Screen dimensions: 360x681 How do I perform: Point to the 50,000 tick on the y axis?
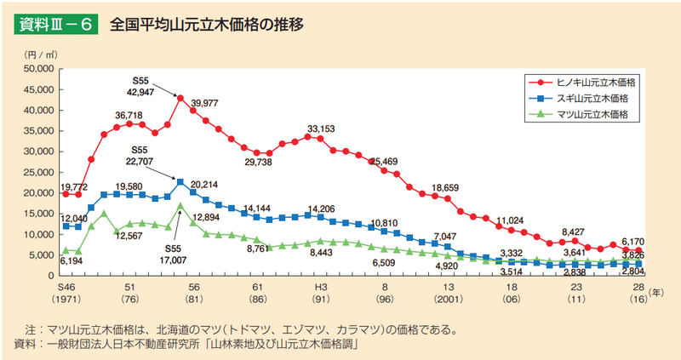pyautogui.click(x=39, y=68)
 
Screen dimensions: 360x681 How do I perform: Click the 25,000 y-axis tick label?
pyautogui.click(x=39, y=172)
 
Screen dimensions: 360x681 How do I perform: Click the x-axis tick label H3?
pyautogui.click(x=321, y=288)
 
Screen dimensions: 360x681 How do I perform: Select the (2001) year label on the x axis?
pyautogui.click(x=448, y=300)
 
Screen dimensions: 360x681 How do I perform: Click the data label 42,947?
pyautogui.click(x=140, y=91)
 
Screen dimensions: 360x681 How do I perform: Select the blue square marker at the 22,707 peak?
pyautogui.click(x=180, y=181)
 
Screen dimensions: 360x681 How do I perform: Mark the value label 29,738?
pyautogui.click(x=258, y=163)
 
